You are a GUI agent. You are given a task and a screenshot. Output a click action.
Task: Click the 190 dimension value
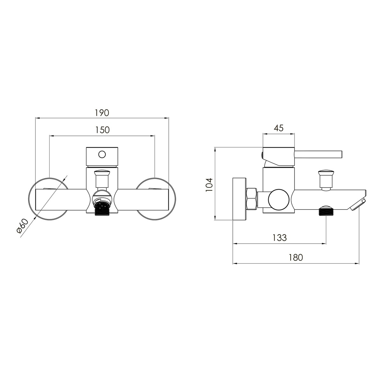point(102,113)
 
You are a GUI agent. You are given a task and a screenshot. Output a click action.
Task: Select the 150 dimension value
point(102,130)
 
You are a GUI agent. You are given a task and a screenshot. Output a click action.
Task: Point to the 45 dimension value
point(279,128)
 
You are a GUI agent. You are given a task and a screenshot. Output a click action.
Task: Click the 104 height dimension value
point(209,185)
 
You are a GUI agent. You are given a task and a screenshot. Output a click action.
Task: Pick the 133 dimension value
point(279,237)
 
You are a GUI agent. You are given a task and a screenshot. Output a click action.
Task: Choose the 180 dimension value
point(295,257)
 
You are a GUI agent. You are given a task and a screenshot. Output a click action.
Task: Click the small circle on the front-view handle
point(102,154)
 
